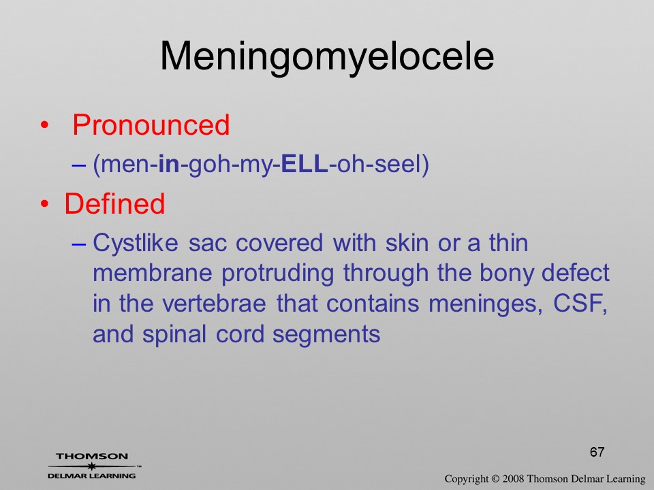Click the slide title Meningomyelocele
(327, 57)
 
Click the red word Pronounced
(151, 125)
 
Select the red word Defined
(114, 203)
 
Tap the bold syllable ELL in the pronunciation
(305, 164)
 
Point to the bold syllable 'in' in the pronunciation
(169, 164)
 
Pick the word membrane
(152, 273)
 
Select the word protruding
(277, 274)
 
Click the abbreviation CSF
(580, 304)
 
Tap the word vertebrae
(213, 304)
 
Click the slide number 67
(597, 452)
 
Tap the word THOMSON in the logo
(92, 456)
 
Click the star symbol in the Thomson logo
(91, 466)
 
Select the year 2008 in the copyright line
(513, 478)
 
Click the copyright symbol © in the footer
(495, 478)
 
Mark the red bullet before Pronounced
(45, 125)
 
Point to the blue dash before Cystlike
(79, 244)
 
